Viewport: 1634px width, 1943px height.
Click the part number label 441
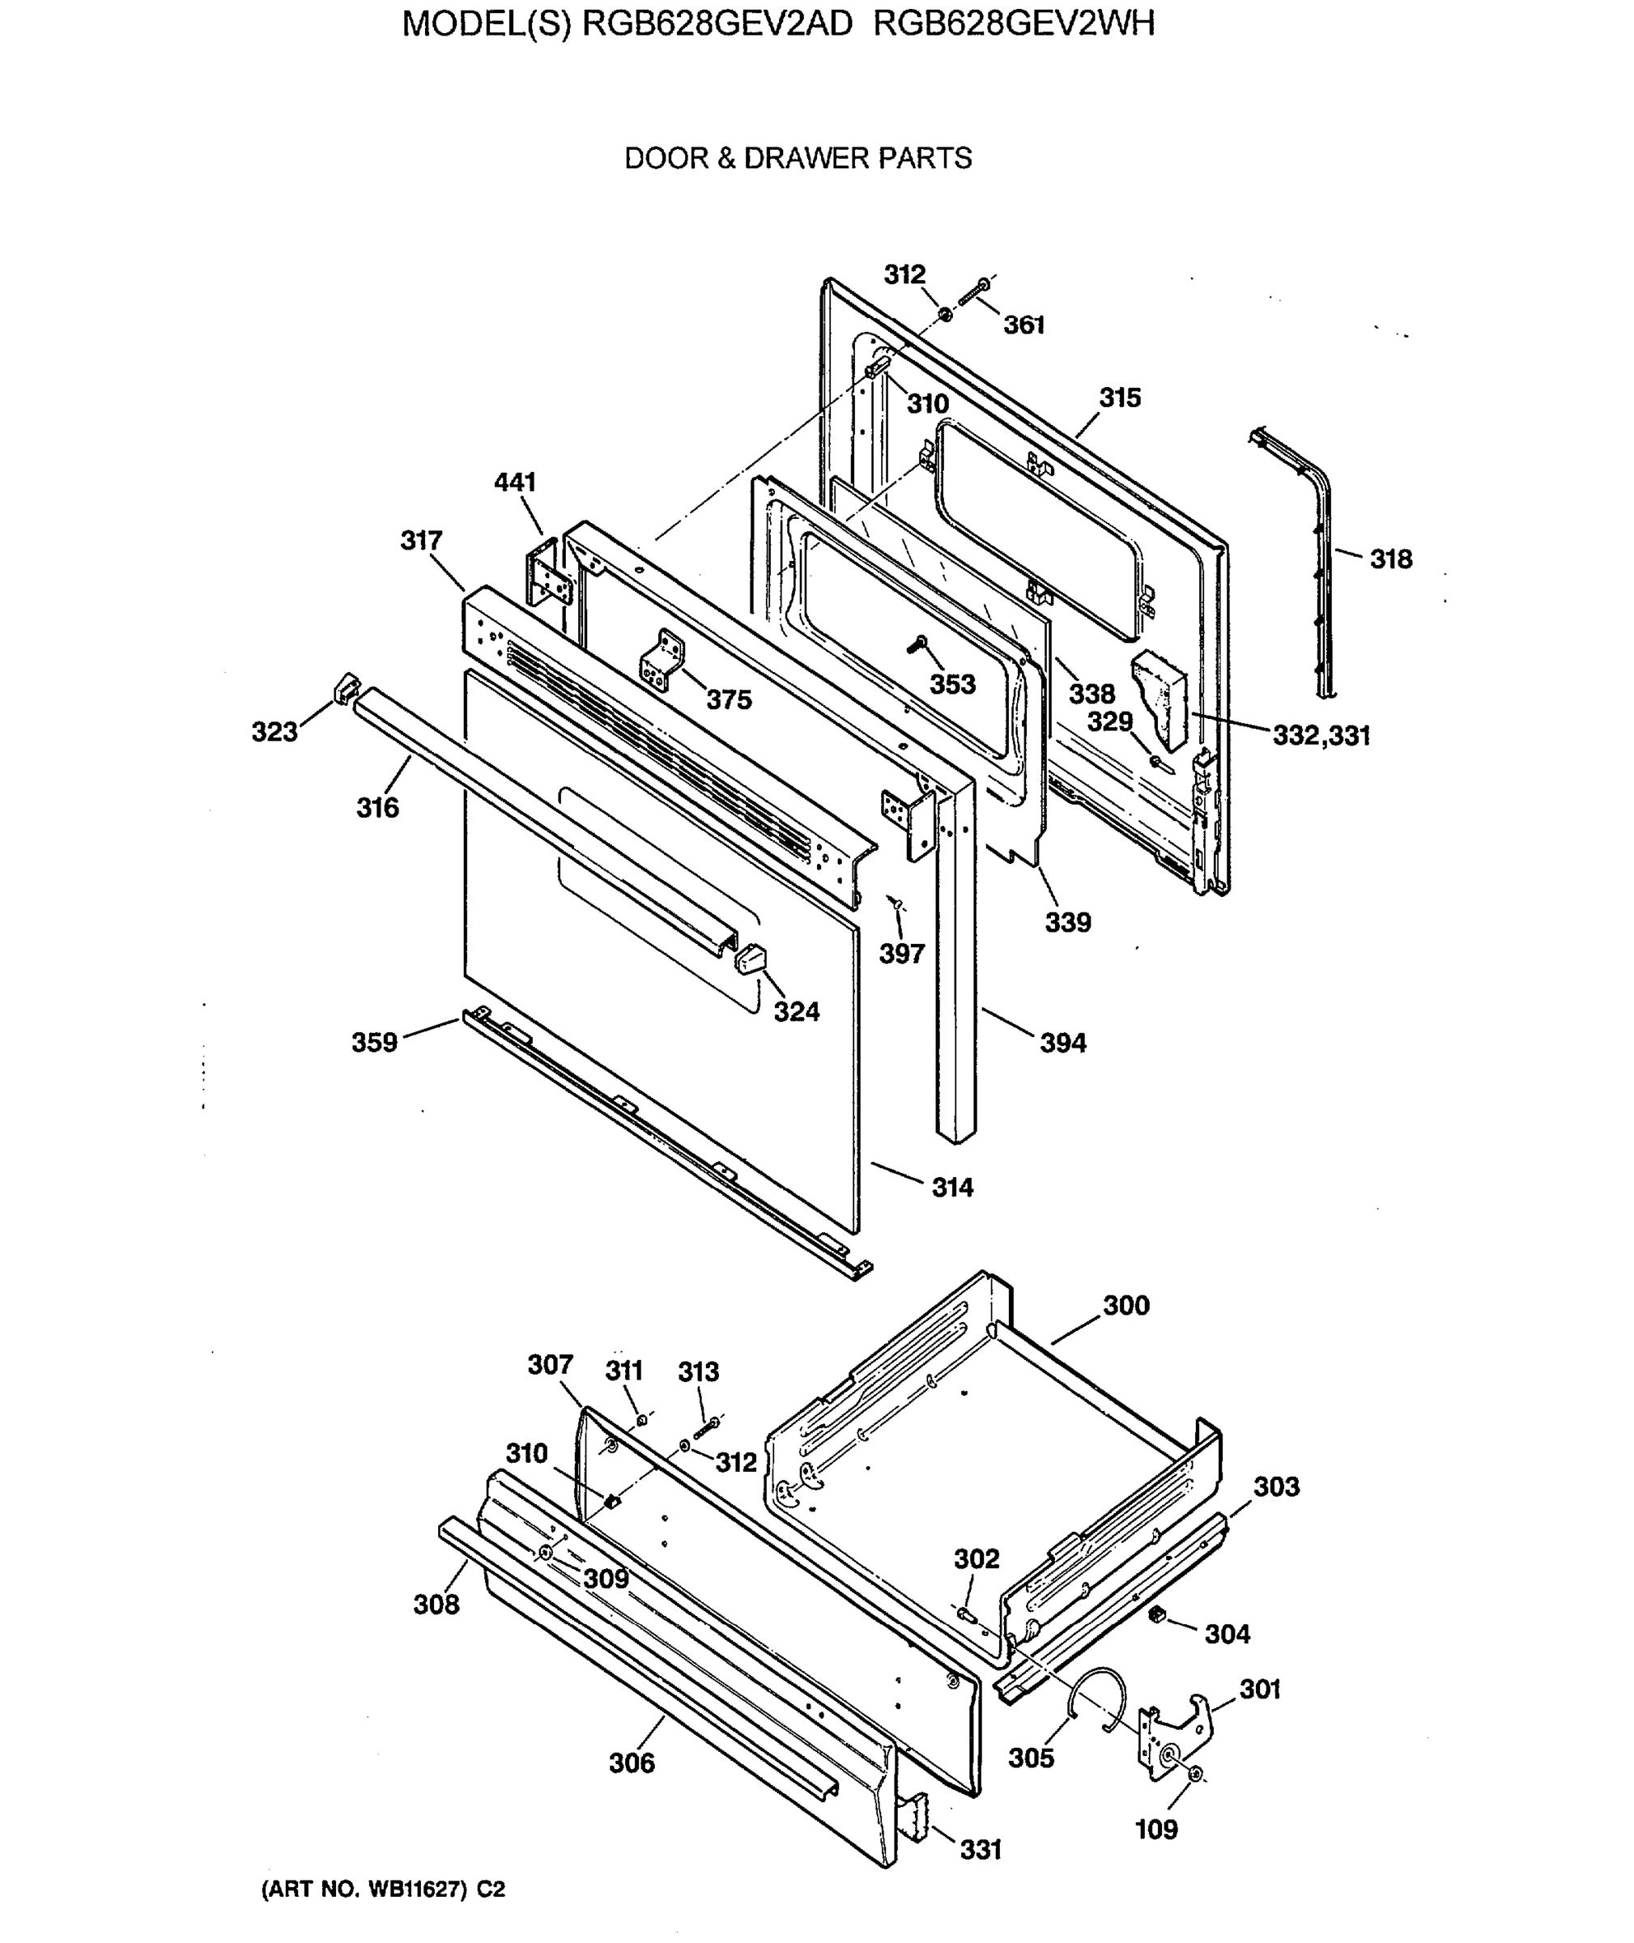(x=515, y=483)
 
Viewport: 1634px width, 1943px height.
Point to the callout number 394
(x=1062, y=1044)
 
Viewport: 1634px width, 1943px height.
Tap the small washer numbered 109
(x=1195, y=1775)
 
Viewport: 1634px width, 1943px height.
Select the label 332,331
(x=1321, y=736)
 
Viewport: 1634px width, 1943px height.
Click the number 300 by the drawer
(x=1126, y=1306)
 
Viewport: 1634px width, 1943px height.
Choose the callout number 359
(x=374, y=1043)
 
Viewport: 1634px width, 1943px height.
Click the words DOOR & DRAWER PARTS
(x=798, y=159)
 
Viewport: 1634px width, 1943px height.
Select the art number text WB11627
(x=416, y=1890)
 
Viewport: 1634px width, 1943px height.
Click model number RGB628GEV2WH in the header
(x=1015, y=24)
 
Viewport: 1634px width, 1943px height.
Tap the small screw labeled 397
(x=896, y=901)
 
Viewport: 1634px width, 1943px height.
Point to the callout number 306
(x=632, y=1763)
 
